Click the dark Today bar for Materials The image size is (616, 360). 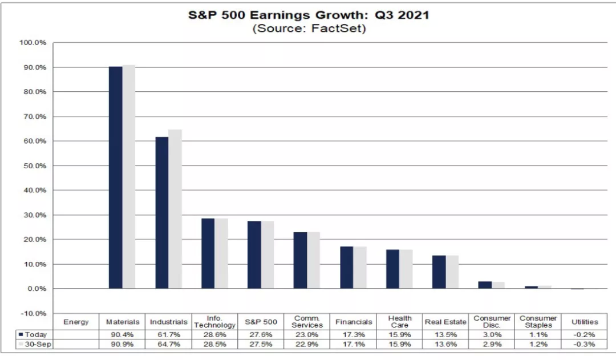[x=116, y=177]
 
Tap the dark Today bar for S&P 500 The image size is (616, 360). [x=254, y=254]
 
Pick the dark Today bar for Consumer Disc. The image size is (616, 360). [x=485, y=285]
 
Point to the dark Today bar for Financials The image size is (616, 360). [x=347, y=267]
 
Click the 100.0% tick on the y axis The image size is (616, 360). [x=34, y=43]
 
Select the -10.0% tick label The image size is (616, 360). [x=34, y=313]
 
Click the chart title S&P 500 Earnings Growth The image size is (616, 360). [x=309, y=15]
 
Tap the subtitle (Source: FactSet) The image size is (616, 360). [x=309, y=29]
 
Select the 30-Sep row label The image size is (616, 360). [x=36, y=345]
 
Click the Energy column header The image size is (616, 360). [x=76, y=322]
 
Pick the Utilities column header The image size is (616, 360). [x=585, y=322]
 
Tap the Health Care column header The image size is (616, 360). [x=400, y=322]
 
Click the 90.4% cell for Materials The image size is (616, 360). [x=123, y=335]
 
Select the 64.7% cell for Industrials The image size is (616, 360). [x=169, y=345]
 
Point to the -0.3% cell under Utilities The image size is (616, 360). [x=585, y=345]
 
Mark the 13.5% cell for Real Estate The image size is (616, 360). [x=445, y=335]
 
